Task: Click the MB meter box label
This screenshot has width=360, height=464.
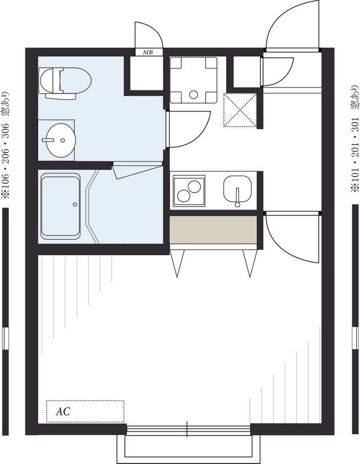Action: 148,53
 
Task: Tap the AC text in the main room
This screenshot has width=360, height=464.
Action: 63,411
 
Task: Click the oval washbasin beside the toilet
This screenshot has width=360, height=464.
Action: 61,140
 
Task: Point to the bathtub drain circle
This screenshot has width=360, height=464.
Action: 75,204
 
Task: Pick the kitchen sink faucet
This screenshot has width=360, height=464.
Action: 237,197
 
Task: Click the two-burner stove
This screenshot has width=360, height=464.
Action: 189,191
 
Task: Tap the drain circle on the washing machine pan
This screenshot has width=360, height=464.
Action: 194,95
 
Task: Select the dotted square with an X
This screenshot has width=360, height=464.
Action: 239,110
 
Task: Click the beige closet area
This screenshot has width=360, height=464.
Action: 213,230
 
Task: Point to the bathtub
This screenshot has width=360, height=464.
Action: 60,206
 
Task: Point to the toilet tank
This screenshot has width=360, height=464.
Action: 61,96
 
